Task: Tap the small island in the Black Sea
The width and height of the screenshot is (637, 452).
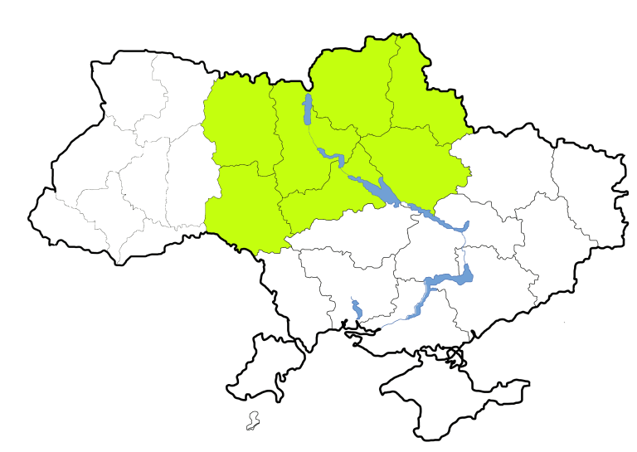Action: click(253, 421)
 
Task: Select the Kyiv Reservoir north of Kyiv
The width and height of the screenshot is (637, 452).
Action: click(308, 109)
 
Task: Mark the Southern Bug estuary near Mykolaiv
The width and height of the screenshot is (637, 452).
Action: click(356, 309)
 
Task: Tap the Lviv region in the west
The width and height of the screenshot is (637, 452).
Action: click(83, 166)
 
